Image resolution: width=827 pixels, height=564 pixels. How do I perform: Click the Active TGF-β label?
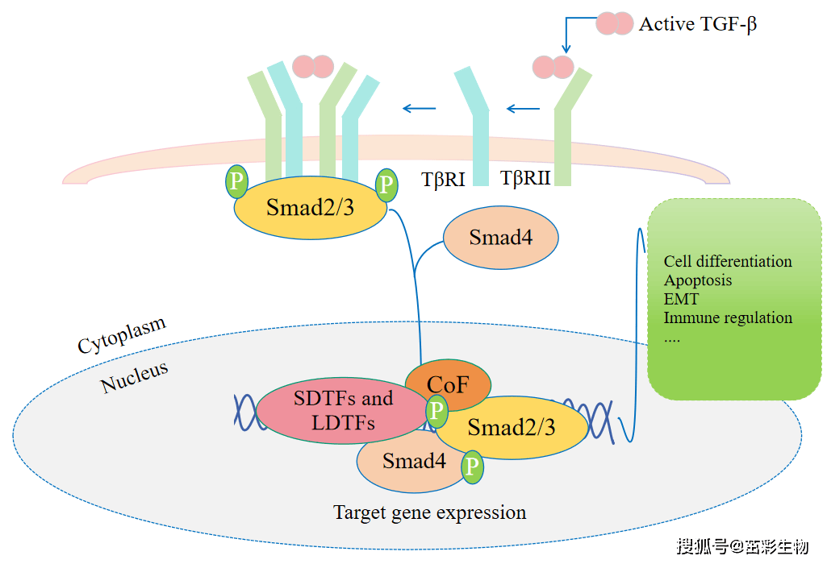point(698,24)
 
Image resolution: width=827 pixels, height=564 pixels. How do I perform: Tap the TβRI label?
point(443,180)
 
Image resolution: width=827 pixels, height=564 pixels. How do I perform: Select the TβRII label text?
point(525,178)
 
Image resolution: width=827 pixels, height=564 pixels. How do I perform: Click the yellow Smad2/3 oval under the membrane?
point(310,208)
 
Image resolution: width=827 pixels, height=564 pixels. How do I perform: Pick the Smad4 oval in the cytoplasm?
point(500,238)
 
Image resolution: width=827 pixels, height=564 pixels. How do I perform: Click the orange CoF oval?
point(448,384)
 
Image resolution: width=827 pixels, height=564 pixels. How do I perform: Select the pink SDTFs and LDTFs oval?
point(343,411)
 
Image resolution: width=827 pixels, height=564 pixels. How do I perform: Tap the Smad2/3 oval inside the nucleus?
point(511,427)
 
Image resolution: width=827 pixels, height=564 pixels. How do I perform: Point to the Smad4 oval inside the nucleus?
point(414,462)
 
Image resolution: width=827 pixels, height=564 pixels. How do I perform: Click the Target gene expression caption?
point(430,512)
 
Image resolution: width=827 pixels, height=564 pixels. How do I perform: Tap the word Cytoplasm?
point(122,335)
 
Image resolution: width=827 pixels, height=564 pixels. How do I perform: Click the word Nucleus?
point(135,377)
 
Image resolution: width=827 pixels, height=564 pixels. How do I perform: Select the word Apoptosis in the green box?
point(698,280)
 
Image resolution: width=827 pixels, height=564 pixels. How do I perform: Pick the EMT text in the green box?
point(681,299)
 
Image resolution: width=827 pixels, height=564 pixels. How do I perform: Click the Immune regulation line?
point(728,317)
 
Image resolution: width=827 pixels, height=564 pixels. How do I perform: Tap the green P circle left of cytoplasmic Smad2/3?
point(237,181)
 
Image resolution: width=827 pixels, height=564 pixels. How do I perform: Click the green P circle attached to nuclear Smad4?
point(472,467)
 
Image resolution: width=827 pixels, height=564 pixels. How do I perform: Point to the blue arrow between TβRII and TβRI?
point(523,109)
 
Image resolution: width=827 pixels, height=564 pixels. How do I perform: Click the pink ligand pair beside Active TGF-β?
point(615,23)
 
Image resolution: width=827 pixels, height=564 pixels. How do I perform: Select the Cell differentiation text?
point(728,261)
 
